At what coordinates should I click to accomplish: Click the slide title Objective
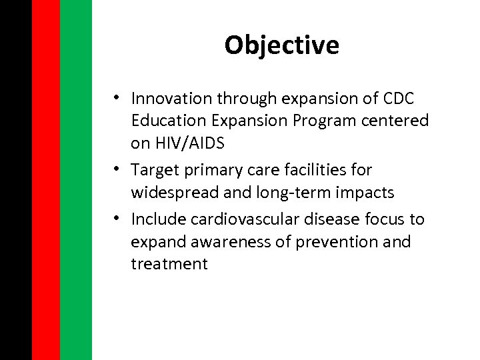(281, 45)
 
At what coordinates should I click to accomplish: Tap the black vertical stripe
(15, 180)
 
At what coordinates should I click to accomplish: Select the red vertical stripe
(46, 180)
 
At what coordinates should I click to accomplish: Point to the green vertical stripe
(76, 180)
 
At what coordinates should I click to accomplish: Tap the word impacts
(365, 193)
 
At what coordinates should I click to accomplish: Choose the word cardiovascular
(246, 219)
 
